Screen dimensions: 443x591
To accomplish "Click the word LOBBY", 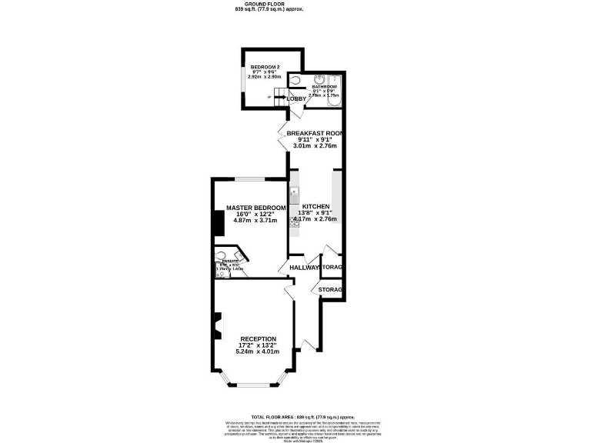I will (296, 98).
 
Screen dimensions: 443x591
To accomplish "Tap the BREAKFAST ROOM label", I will (314, 133).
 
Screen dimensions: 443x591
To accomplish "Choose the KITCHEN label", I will (316, 208).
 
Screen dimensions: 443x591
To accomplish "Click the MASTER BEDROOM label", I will (256, 208).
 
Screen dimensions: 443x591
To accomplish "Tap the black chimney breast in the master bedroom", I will (218, 222).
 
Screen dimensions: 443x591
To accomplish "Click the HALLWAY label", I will (304, 268).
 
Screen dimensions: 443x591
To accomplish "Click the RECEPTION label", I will (258, 338).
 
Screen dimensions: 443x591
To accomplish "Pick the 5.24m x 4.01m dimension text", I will (258, 351).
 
